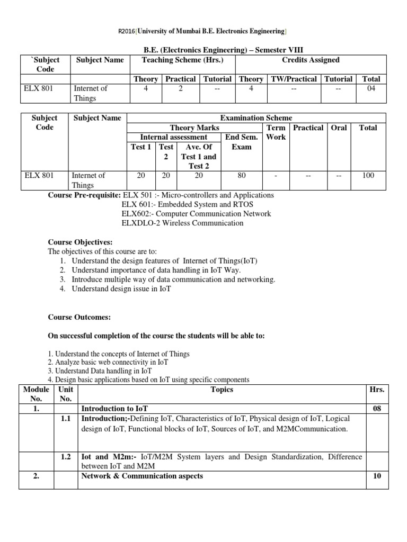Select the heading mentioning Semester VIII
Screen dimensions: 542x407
(x=203, y=50)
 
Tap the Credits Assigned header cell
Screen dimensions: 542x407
(x=311, y=60)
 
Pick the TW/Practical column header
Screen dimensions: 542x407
(x=294, y=79)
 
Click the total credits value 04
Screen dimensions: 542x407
(x=371, y=88)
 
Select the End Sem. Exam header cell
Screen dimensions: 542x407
(x=242, y=142)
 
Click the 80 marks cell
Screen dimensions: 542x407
(x=242, y=175)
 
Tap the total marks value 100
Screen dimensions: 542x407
(x=368, y=175)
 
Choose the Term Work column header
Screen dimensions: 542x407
(x=276, y=132)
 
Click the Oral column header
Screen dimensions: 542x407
(x=339, y=128)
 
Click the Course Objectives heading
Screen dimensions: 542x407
(x=80, y=242)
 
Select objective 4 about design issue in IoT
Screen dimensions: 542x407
(x=121, y=289)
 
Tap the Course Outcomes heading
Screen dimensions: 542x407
(x=79, y=317)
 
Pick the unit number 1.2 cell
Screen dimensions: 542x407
(x=66, y=457)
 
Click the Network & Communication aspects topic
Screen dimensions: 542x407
(x=141, y=476)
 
